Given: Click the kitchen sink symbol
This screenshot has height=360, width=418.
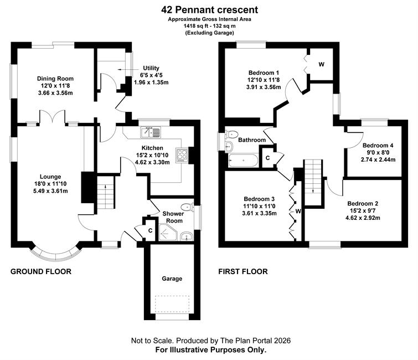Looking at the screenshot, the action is tap(151, 132).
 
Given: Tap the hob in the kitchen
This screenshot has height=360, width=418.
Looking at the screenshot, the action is tap(182, 156).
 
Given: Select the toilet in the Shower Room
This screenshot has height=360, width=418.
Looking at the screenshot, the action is tap(187, 207).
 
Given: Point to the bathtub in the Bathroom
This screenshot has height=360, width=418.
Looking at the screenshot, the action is tap(243, 161).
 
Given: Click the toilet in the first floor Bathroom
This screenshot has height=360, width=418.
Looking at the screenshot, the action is tap(231, 134).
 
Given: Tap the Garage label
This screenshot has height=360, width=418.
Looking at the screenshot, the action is tap(172, 279).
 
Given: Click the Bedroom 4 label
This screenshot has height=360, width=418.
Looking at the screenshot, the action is tap(378, 145).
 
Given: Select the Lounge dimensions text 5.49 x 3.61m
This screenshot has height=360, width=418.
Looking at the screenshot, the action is tap(50, 191).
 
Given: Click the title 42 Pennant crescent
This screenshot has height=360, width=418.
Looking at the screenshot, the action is tap(209, 10).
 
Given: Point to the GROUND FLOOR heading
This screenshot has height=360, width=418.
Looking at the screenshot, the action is tap(41, 271).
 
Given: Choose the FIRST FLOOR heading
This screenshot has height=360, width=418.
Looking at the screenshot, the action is tap(243, 271).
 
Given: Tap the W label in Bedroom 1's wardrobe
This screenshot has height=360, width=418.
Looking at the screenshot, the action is tap(322, 64).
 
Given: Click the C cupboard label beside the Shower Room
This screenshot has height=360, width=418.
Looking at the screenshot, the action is tap(151, 230).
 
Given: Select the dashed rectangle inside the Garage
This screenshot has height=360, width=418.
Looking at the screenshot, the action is tap(173, 304).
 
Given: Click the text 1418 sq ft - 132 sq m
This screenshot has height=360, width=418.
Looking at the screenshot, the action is tap(209, 26).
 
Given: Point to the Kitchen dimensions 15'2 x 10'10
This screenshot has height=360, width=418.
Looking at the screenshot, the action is tap(152, 155).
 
